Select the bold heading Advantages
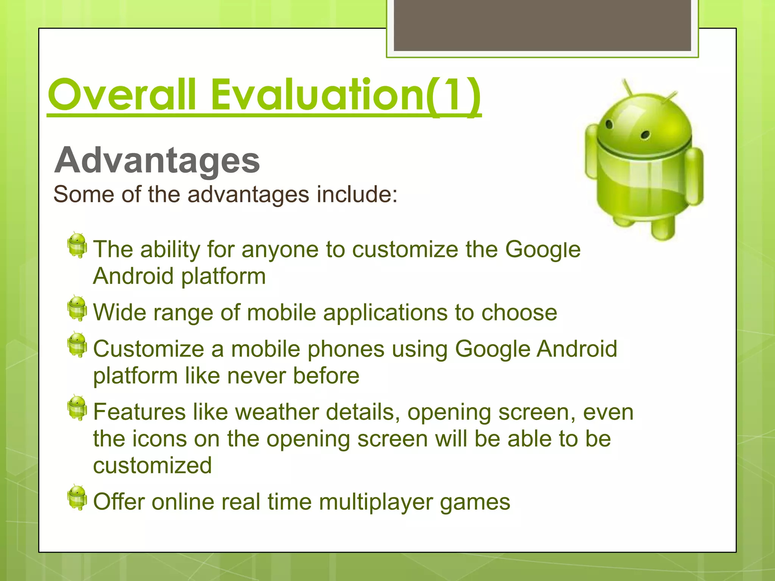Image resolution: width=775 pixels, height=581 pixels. (x=157, y=160)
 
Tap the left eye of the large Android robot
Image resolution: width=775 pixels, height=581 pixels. (x=609, y=124)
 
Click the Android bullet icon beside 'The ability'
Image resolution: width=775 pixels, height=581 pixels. (x=77, y=245)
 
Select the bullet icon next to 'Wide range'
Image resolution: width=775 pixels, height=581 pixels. (x=77, y=308)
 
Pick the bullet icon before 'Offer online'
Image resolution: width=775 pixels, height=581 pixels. (x=77, y=497)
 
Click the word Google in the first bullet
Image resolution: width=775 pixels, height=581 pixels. (x=543, y=250)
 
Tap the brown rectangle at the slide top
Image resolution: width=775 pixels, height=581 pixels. (x=542, y=25)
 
